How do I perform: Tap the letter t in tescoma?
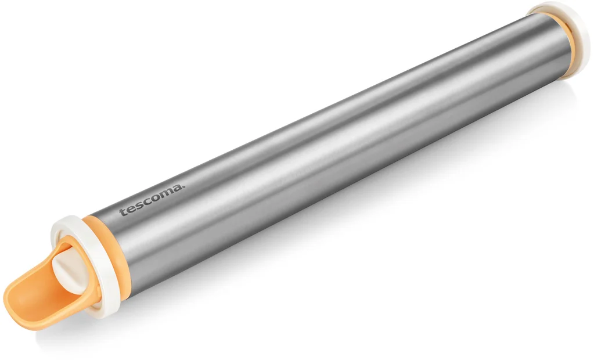coord(123,211)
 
